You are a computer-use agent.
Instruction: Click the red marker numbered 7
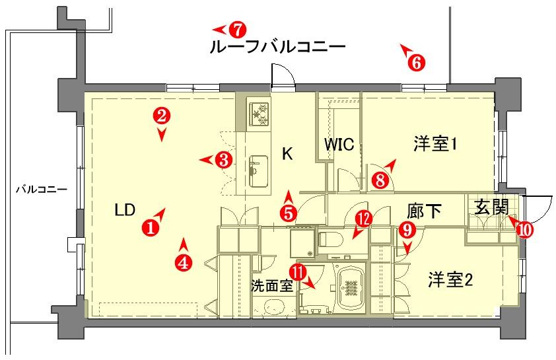pos(237,30)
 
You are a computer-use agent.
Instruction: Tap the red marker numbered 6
pos(416,63)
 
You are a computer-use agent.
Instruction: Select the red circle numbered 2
pos(162,116)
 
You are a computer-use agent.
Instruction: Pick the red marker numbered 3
pos(224,160)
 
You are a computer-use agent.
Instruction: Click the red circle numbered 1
pos(151,227)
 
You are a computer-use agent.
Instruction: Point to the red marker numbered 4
pos(184,263)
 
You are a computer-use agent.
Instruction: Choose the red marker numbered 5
pos(289,213)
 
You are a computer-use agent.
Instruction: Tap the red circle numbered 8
pos(380,180)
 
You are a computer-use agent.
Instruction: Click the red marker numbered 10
pos(525,230)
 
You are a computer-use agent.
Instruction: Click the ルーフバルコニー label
pos(277,47)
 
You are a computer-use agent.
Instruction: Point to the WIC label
pos(339,144)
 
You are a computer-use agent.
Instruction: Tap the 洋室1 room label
pos(434,145)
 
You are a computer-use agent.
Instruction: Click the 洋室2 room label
pos(450,280)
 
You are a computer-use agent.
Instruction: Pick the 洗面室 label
pos(272,285)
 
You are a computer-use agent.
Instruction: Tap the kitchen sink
pos(258,171)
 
